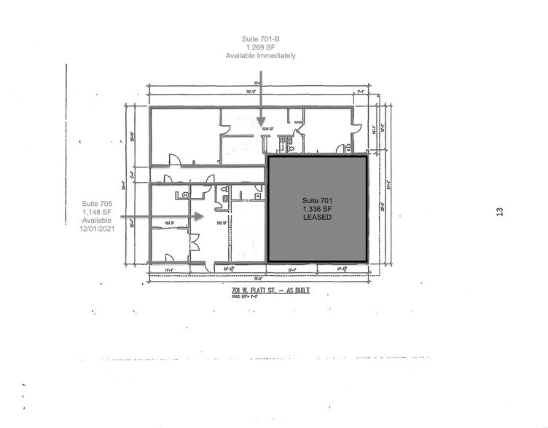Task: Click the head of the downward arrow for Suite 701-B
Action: [x=260, y=125]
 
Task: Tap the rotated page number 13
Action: [x=499, y=211]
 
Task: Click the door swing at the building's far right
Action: [x=355, y=132]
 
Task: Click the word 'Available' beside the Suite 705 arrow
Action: [x=96, y=221]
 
